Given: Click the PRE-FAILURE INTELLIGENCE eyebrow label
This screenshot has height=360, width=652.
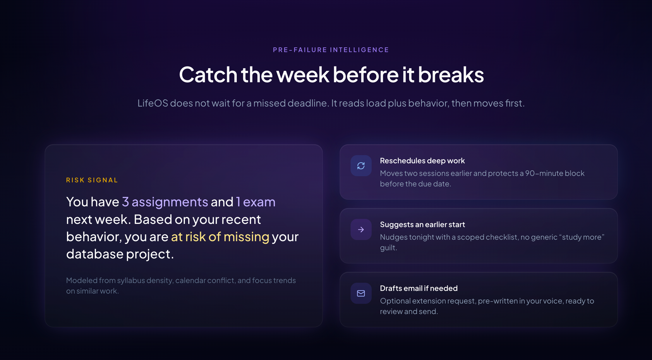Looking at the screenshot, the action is click(x=331, y=50).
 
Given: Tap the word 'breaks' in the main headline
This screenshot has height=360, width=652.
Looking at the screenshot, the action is click(x=451, y=75).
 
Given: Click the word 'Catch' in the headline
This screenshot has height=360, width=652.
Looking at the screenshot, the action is click(x=208, y=75).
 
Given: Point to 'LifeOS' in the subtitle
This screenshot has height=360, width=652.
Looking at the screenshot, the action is click(x=153, y=103).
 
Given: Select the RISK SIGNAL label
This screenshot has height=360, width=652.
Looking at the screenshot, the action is click(x=92, y=180).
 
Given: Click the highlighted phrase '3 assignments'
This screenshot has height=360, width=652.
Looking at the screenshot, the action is click(x=165, y=202).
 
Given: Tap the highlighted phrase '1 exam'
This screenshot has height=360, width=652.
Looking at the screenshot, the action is click(x=256, y=202).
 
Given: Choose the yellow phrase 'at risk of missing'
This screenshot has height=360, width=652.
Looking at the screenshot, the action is click(x=220, y=237).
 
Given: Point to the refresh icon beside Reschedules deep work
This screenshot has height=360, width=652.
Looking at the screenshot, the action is click(x=361, y=166).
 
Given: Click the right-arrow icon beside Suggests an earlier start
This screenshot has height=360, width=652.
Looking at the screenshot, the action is click(x=361, y=230).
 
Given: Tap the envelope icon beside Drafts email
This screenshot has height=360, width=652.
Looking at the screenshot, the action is click(x=361, y=294).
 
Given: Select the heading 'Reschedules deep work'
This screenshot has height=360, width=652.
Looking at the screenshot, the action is click(x=422, y=161).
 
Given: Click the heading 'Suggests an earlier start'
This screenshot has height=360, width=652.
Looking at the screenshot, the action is click(x=423, y=224).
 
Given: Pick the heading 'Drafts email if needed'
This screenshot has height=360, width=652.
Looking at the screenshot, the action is click(x=419, y=288).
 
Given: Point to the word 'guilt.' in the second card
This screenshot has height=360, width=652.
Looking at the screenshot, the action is click(x=389, y=248).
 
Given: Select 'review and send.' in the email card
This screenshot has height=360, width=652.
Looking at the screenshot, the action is click(x=409, y=311).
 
